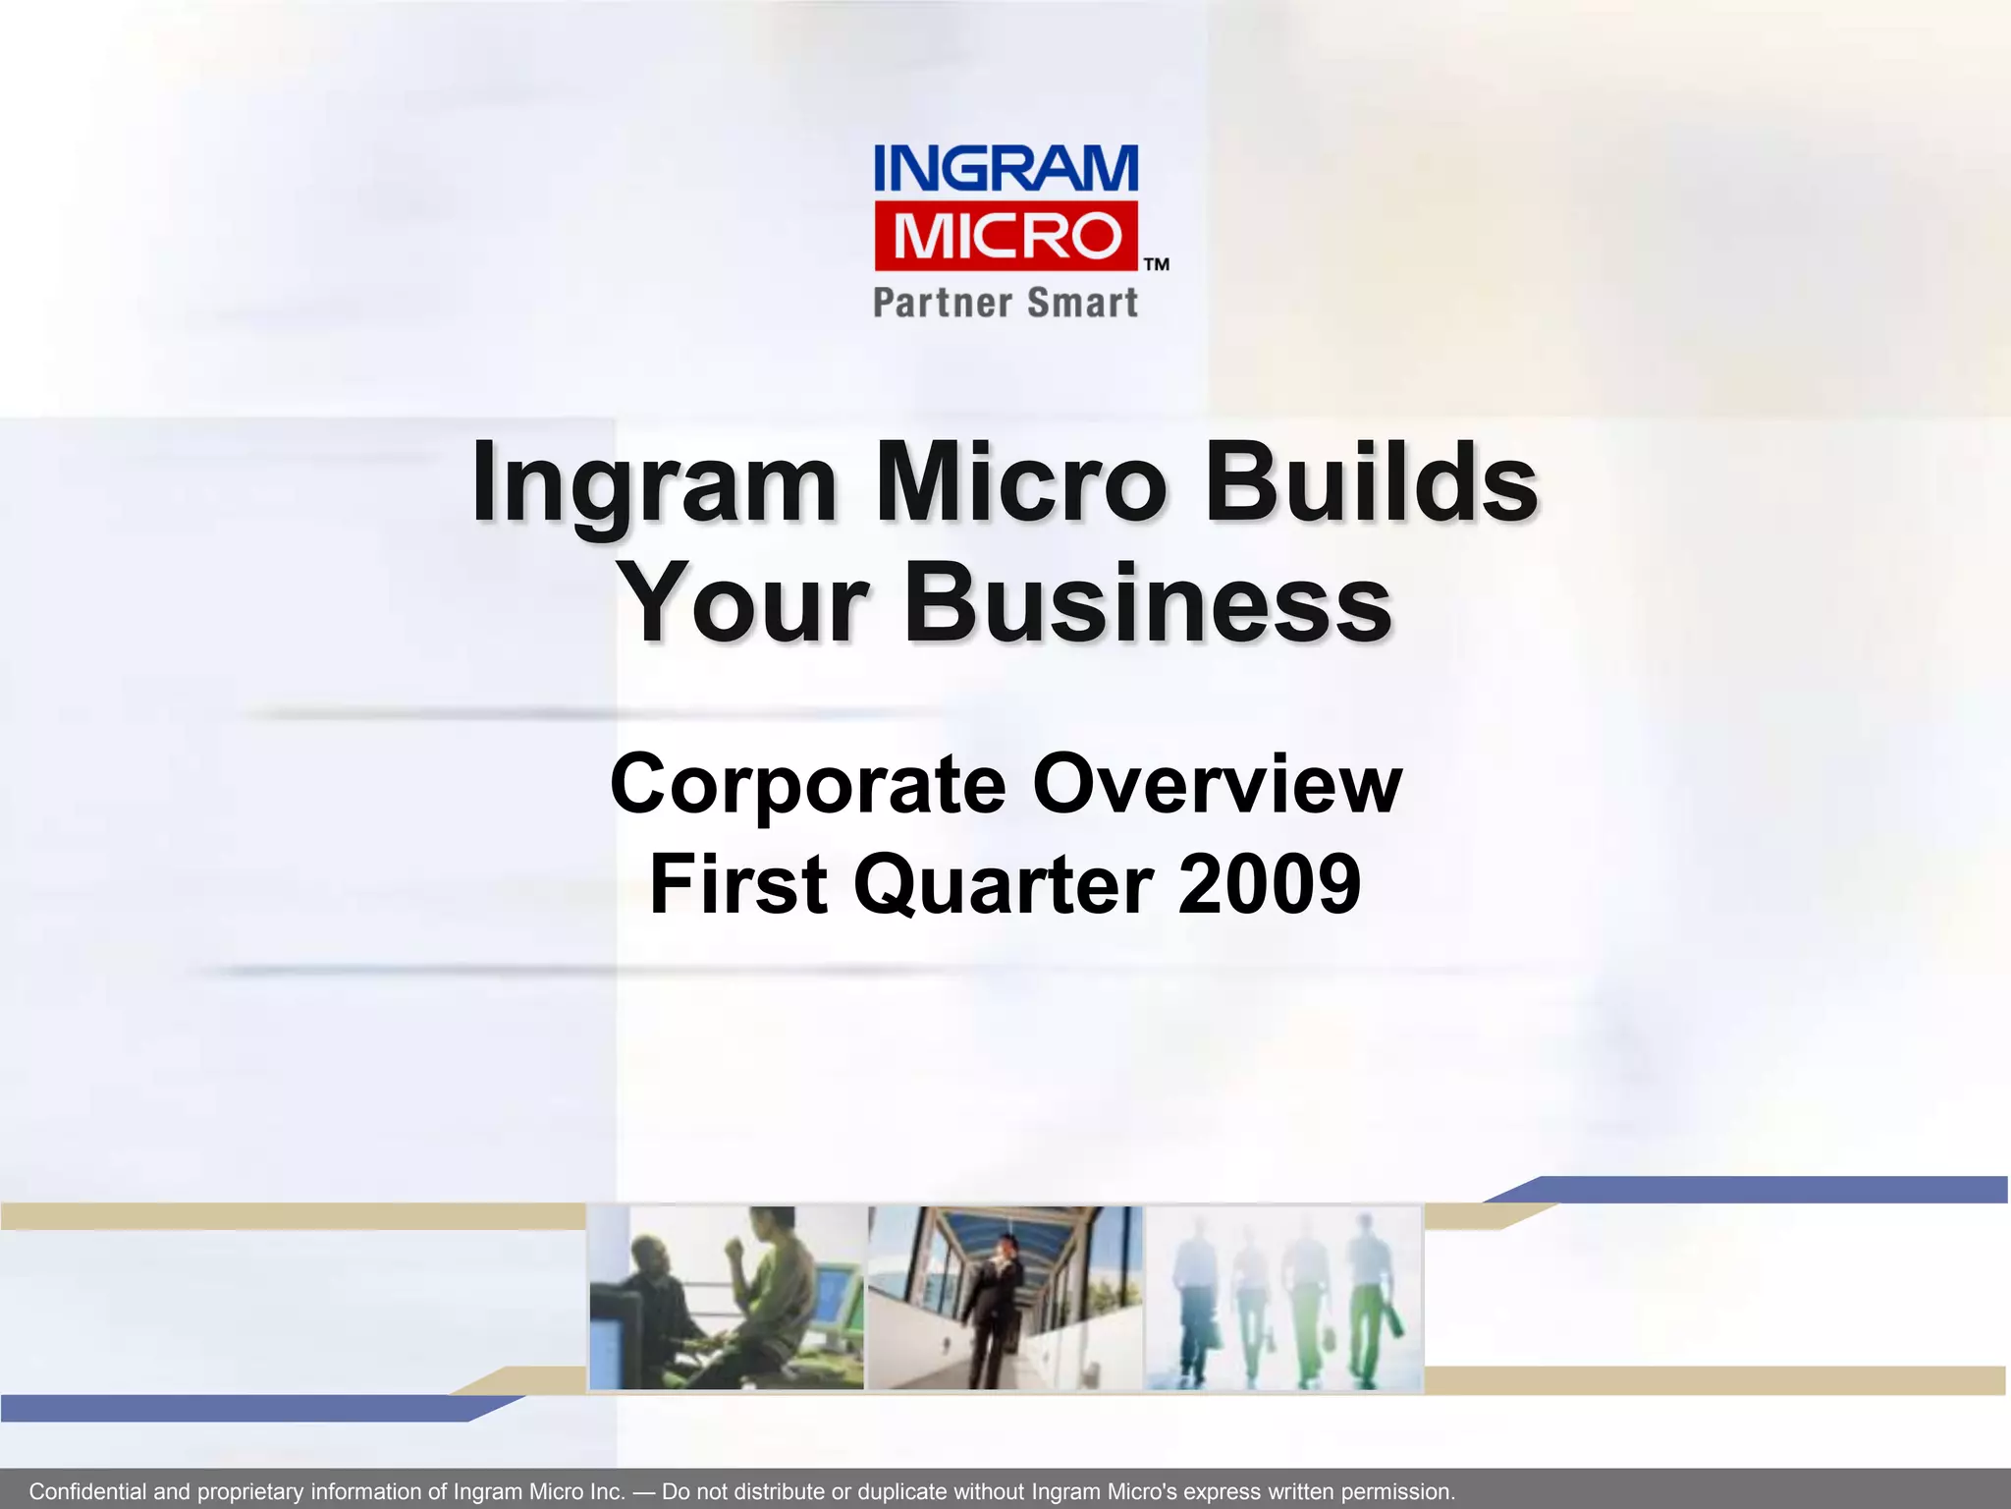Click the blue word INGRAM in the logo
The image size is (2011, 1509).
click(x=1005, y=169)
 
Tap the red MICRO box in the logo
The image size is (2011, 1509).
click(x=1005, y=236)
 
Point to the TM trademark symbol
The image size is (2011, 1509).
click(x=1157, y=264)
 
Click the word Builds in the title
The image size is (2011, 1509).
click(x=1371, y=483)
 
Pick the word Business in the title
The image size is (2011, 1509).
click(x=1147, y=601)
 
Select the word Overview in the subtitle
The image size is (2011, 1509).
click(x=1218, y=785)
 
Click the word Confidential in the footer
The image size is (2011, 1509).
click(x=88, y=1491)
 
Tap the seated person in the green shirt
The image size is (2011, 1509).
click(x=776, y=1287)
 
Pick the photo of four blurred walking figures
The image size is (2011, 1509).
click(x=1282, y=1297)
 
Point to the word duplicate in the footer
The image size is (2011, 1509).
click(x=905, y=1491)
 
